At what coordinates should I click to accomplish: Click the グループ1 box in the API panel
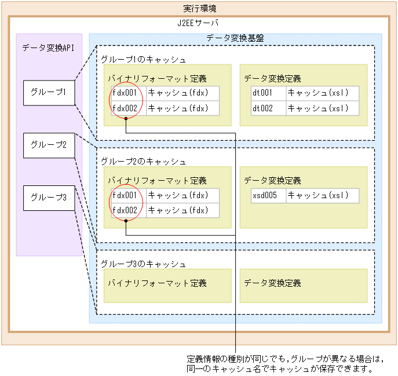[49, 93]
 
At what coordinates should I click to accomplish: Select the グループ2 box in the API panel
[49, 145]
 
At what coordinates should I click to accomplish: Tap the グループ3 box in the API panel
[49, 198]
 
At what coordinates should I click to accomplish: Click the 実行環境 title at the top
[199, 9]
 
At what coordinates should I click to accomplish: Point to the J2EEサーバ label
[199, 23]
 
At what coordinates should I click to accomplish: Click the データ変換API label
[49, 48]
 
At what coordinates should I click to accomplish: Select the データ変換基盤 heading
[235, 39]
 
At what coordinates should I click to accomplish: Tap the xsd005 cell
[268, 196]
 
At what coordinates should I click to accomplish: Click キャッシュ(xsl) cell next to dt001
[322, 93]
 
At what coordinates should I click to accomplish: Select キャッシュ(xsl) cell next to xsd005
[322, 196]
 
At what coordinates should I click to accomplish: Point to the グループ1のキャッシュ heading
[143, 59]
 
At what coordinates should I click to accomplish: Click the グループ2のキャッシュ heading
[143, 161]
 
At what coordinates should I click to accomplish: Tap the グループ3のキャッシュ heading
[143, 264]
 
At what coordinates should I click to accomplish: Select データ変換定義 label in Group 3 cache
[272, 283]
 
